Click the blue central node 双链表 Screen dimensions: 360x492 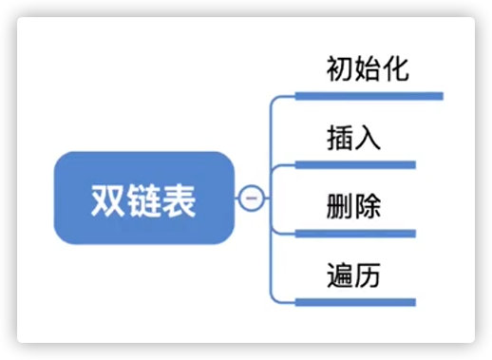(x=143, y=198)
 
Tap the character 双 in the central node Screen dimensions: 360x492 (x=108, y=199)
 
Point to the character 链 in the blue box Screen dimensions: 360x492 (x=143, y=199)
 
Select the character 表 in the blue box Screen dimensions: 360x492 (x=179, y=199)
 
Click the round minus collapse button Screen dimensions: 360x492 (x=250, y=198)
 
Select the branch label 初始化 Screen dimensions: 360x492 (x=368, y=69)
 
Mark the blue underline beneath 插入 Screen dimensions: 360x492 (x=356, y=164)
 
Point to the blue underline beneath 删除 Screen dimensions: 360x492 (x=356, y=233)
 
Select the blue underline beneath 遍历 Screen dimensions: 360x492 (x=356, y=302)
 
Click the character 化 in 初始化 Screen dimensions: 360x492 (x=396, y=69)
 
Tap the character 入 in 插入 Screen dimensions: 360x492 (x=368, y=139)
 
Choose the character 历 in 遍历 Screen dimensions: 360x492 (x=368, y=276)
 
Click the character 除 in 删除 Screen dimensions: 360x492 (x=368, y=207)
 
